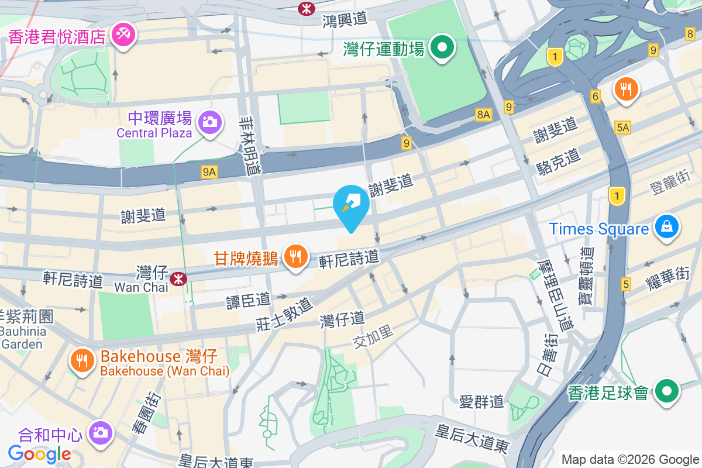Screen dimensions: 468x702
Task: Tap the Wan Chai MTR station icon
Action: (x=178, y=280)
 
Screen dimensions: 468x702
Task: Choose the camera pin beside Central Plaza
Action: (x=209, y=122)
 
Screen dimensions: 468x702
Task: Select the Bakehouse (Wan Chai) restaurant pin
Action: (x=83, y=360)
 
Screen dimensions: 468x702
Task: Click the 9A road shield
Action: (x=209, y=171)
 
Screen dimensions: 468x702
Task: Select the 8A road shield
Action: (x=483, y=115)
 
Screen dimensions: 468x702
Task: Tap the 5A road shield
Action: (x=623, y=128)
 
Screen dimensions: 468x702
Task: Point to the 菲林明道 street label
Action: (x=249, y=144)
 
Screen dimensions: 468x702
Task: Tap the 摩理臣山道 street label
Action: (x=556, y=295)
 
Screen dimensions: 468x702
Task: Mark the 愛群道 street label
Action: (x=481, y=401)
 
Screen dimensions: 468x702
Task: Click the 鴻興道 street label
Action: (x=345, y=19)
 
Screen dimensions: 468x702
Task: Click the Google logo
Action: (x=39, y=453)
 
